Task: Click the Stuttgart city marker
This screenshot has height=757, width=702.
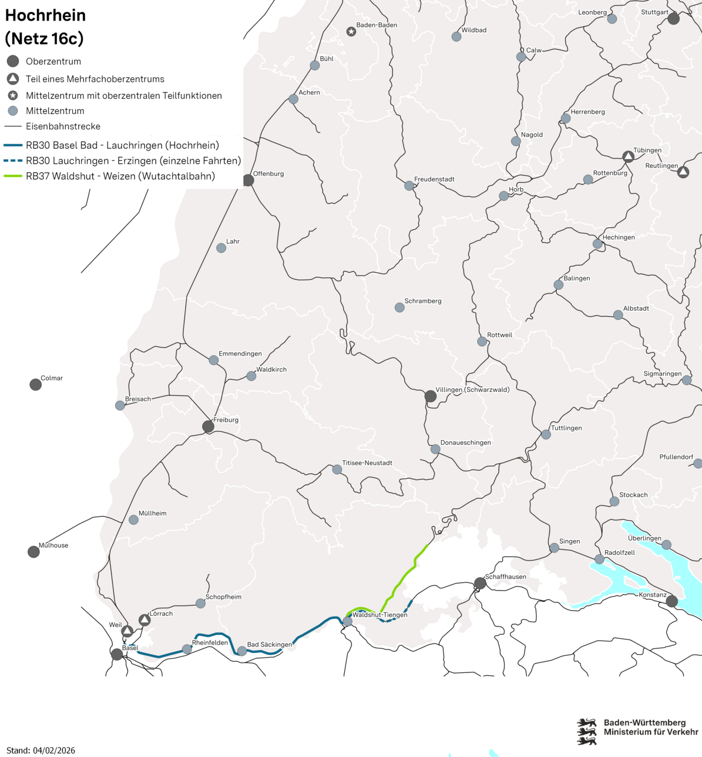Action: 673,19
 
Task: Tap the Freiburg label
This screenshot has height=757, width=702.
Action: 226,420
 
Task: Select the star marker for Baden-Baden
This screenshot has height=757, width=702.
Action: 351,32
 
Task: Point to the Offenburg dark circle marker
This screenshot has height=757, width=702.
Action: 248,180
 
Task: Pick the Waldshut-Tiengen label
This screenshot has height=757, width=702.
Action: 379,615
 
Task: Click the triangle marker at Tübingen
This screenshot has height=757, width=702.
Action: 628,157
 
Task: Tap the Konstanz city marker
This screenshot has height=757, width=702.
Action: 671,601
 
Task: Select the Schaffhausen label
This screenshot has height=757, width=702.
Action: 505,577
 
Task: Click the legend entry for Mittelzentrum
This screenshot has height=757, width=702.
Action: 55,111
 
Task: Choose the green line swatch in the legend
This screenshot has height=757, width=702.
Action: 13,176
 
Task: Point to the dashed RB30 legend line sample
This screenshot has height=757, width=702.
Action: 13,160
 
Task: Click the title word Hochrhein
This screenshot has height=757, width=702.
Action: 45,15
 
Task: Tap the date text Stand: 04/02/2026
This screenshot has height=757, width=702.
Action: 41,751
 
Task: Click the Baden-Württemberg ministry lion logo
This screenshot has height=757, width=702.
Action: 586,731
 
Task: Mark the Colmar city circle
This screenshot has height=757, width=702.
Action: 36,385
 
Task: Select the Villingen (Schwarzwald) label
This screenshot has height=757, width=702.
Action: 472,390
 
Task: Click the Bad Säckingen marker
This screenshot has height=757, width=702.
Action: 242,651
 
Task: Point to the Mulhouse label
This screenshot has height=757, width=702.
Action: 53,545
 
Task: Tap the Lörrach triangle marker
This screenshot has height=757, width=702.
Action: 145,621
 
